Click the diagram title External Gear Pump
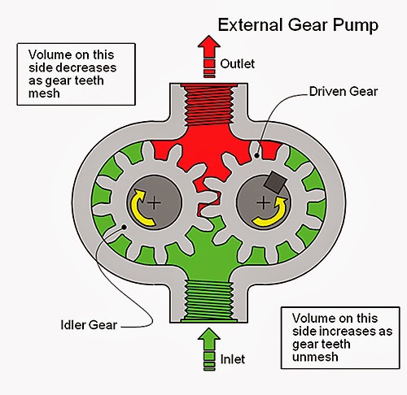point(298,25)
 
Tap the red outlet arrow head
point(209,46)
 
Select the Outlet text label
point(238,64)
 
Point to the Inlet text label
point(233,359)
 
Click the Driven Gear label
point(344,92)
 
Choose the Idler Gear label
point(89,325)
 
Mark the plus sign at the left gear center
point(154,202)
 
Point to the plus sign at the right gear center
point(263,202)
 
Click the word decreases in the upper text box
point(86,67)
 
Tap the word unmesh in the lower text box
point(315,357)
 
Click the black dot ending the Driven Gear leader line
point(256,155)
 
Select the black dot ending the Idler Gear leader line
point(124,227)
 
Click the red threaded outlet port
point(208,105)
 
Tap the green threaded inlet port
point(208,300)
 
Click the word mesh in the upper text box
point(44,93)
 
